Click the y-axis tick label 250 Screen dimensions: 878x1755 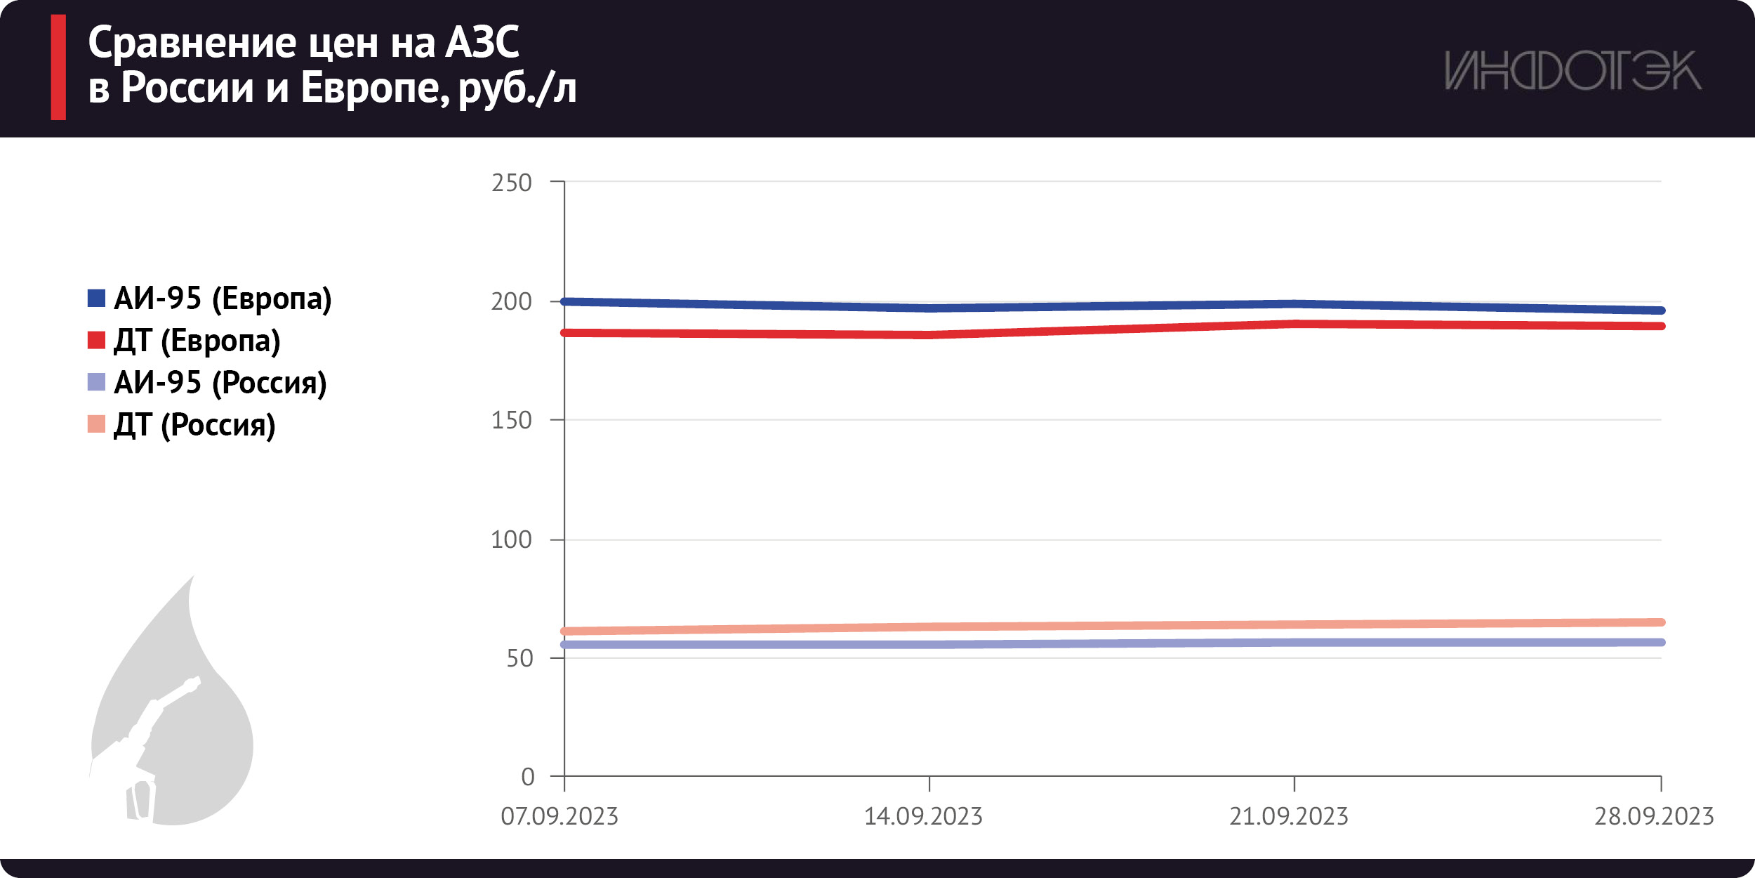512,183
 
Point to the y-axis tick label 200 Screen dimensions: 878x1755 512,302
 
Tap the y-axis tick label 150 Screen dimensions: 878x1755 512,421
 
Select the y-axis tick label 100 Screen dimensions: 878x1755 512,540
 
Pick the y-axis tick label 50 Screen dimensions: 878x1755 519,659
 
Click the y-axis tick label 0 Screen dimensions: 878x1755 528,778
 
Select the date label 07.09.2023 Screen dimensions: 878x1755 559,817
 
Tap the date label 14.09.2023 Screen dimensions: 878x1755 923,817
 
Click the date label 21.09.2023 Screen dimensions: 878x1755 1289,817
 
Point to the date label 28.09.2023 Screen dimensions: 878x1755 1654,817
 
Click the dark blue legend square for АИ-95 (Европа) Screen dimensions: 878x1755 96,299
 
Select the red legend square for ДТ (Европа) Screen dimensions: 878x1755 96,341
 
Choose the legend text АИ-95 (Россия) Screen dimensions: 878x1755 220,383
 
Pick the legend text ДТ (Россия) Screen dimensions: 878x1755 194,425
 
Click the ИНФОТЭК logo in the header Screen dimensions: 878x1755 1572,70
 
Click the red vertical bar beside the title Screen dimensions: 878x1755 58,67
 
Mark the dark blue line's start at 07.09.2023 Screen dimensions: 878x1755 565,301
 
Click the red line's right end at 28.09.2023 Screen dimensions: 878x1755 1661,326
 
